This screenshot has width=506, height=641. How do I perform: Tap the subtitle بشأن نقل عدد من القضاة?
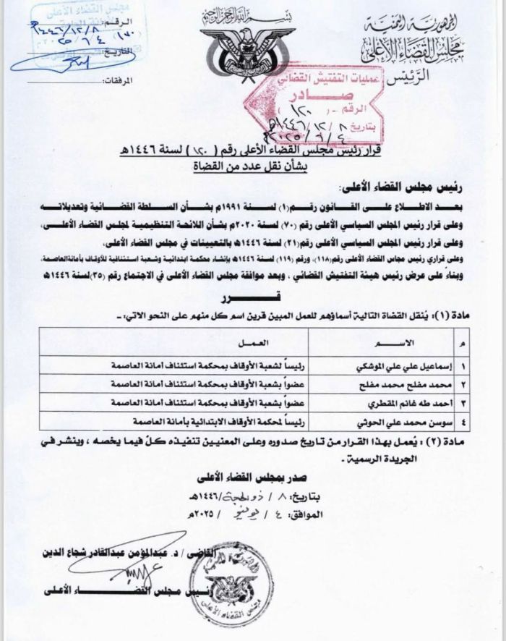click(249, 166)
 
